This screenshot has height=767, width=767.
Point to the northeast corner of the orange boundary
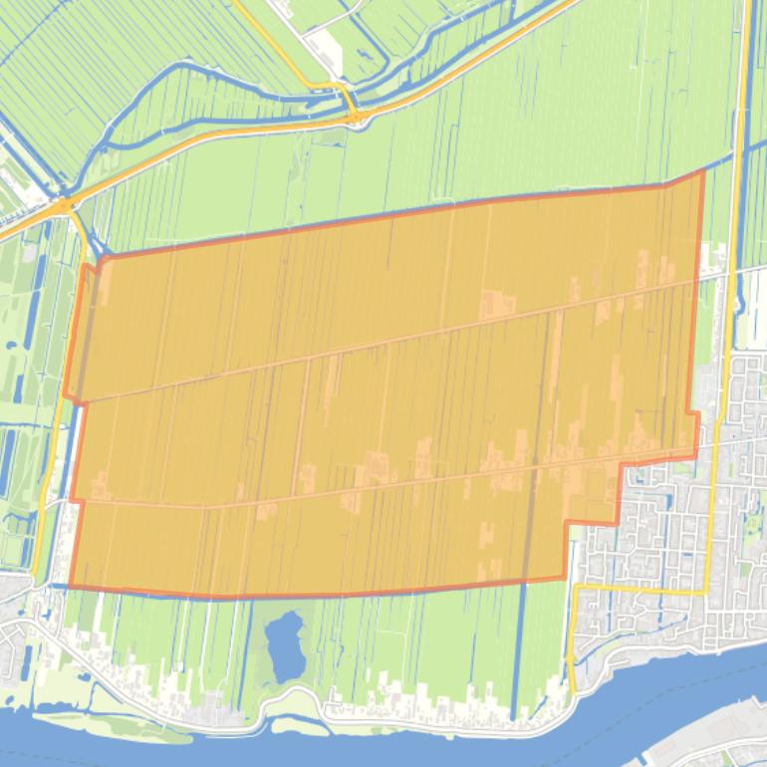point(703,171)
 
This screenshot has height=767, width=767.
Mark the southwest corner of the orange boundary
point(69,586)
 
